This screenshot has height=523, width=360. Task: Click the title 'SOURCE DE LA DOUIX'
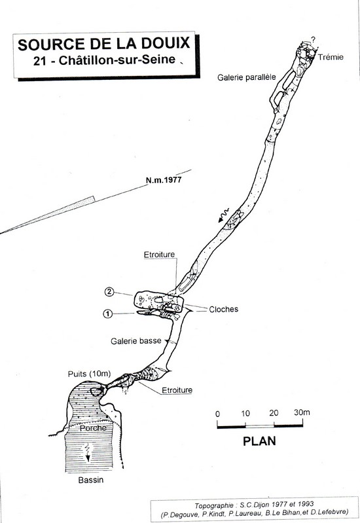tap(104, 45)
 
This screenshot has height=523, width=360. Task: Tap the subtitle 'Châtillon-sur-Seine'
tap(117, 60)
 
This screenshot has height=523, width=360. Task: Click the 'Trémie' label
tap(331, 57)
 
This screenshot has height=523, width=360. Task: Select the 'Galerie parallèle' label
tap(247, 77)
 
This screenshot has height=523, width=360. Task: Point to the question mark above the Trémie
tap(313, 40)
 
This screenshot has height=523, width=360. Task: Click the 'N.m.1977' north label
tap(164, 180)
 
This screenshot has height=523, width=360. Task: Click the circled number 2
tap(109, 292)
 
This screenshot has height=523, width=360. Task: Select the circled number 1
tap(107, 314)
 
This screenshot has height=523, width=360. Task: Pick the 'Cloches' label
tap(224, 309)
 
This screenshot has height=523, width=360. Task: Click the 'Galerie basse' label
tap(135, 341)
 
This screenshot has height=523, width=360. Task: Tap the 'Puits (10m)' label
tap(89, 374)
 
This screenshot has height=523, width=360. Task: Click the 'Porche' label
tap(93, 428)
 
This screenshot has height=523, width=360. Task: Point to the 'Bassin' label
tap(91, 480)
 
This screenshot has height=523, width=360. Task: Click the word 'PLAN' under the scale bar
tap(259, 441)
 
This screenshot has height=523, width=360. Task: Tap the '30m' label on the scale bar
tap(302, 412)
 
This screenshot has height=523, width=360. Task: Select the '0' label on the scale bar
tap(217, 414)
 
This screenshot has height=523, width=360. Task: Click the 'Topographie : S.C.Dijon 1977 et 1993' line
tap(254, 505)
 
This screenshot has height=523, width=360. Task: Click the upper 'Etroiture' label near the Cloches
tap(159, 255)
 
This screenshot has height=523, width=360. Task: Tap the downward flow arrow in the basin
tap(88, 452)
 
